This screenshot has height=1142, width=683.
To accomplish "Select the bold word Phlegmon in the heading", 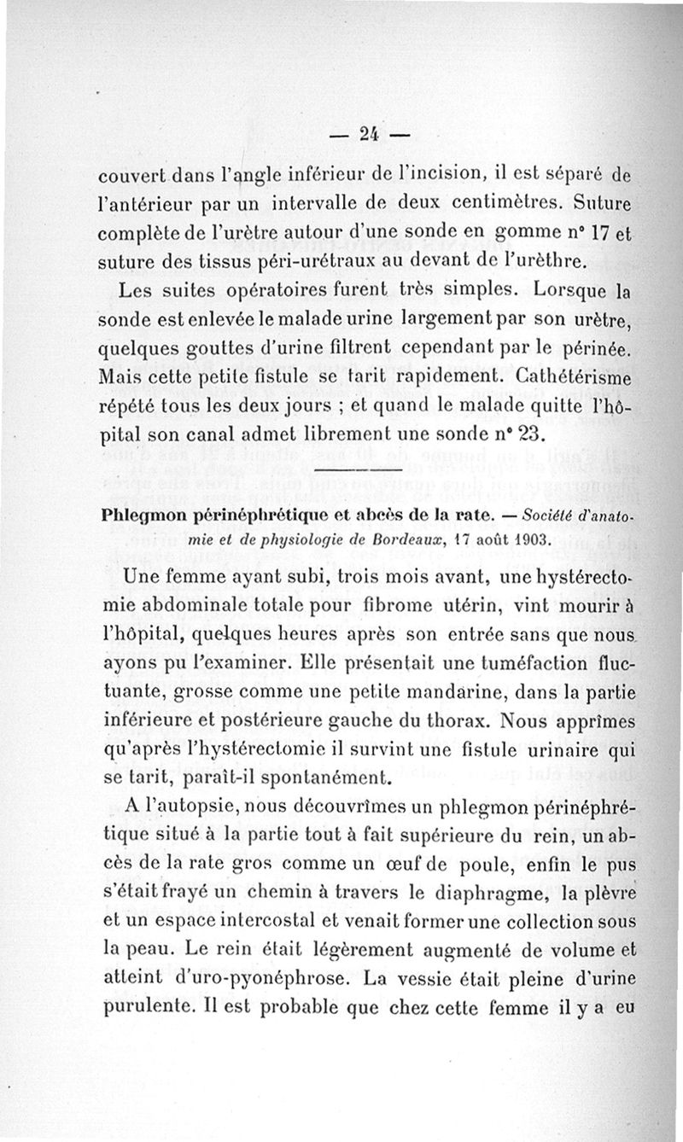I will click(x=141, y=516).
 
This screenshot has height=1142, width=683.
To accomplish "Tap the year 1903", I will click(x=526, y=539).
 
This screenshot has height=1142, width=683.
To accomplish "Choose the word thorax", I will click(x=451, y=720).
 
